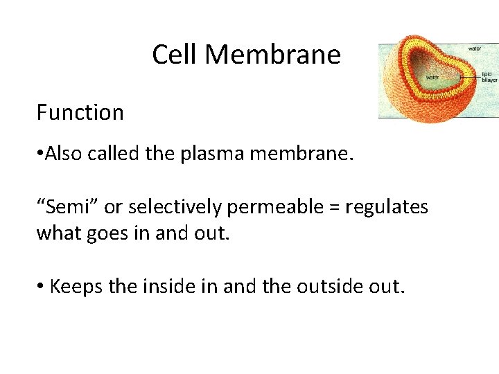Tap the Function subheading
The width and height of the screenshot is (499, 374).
(x=80, y=112)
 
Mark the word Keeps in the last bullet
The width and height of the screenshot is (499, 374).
(x=76, y=285)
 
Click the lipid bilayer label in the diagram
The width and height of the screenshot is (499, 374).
(x=489, y=76)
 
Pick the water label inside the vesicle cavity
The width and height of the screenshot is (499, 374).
(x=433, y=78)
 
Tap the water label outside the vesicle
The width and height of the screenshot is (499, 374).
(x=475, y=48)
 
